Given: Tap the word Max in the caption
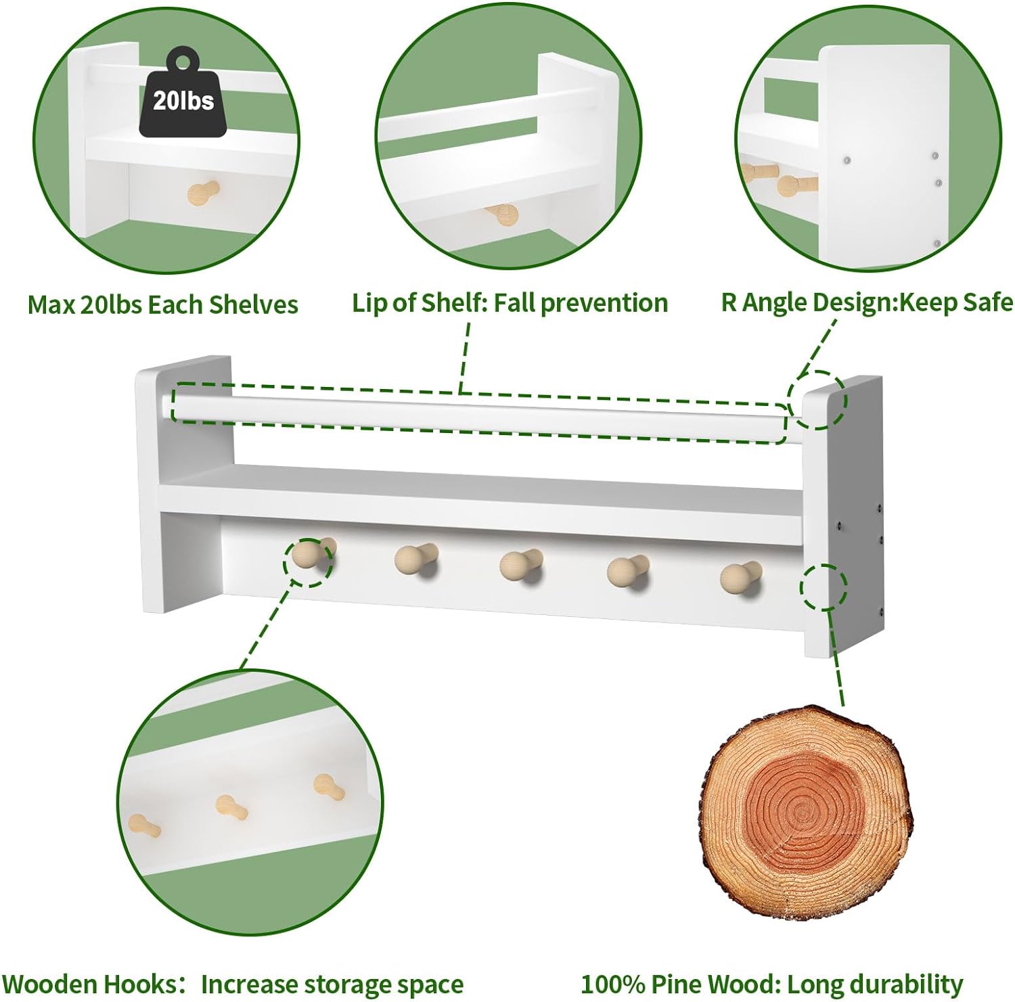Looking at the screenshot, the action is click(x=51, y=304).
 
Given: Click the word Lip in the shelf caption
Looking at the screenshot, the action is click(x=369, y=303).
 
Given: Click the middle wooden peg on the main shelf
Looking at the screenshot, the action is click(x=520, y=565).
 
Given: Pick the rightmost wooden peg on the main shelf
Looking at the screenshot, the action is click(x=740, y=576).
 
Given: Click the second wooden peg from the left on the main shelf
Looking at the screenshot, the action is click(x=416, y=560).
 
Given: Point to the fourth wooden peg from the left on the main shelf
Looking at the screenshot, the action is click(x=629, y=571).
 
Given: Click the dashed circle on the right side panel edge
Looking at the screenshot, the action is click(x=824, y=587).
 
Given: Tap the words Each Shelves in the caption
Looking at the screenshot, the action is click(x=223, y=304).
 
